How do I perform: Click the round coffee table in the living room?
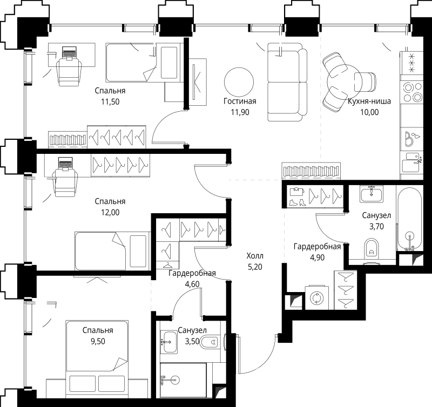(x=239, y=82)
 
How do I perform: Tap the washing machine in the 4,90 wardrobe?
(x=317, y=297)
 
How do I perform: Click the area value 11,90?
(x=240, y=112)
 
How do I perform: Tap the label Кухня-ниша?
(x=369, y=101)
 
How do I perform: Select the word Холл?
(x=255, y=256)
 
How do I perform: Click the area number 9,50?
(x=98, y=341)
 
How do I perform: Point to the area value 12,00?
(x=110, y=212)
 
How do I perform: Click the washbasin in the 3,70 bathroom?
(x=371, y=194)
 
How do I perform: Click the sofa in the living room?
(x=287, y=82)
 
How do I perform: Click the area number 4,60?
(x=192, y=284)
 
